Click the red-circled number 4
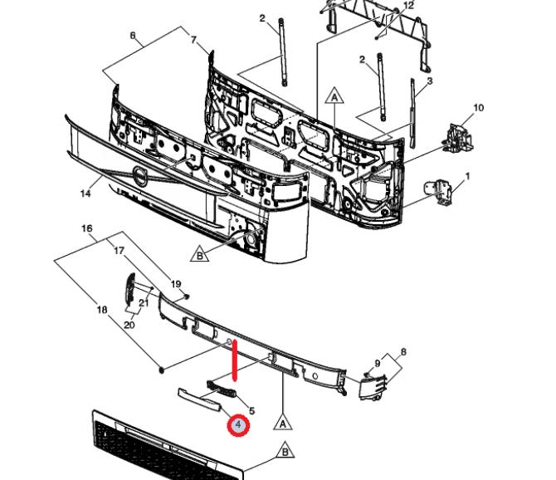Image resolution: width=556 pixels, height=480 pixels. click(238, 424)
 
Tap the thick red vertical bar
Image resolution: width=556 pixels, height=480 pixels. click(235, 360)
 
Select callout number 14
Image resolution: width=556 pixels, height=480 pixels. click(85, 193)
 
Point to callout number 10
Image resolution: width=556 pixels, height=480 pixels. click(478, 107)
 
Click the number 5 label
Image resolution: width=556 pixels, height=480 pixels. click(251, 411)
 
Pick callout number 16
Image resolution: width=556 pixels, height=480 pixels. click(87, 228)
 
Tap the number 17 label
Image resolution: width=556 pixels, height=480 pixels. click(119, 251)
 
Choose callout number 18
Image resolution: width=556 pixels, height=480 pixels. click(102, 310)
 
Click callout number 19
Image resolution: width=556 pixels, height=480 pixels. click(176, 284)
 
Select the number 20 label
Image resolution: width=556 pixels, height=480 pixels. click(129, 325)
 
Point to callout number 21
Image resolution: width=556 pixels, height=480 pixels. click(144, 302)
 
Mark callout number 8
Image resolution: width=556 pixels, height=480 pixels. click(403, 352)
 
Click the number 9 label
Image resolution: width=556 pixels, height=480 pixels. click(378, 363)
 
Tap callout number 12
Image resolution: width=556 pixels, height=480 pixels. click(408, 5)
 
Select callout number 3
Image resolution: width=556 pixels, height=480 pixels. click(430, 81)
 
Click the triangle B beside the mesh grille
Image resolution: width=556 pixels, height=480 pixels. click(285, 452)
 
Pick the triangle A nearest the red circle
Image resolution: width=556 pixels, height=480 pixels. click(283, 422)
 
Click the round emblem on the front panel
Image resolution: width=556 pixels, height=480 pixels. click(139, 176)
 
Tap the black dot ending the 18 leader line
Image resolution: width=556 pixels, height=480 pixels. click(162, 370)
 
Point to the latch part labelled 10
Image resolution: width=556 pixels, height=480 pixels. click(457, 137)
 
